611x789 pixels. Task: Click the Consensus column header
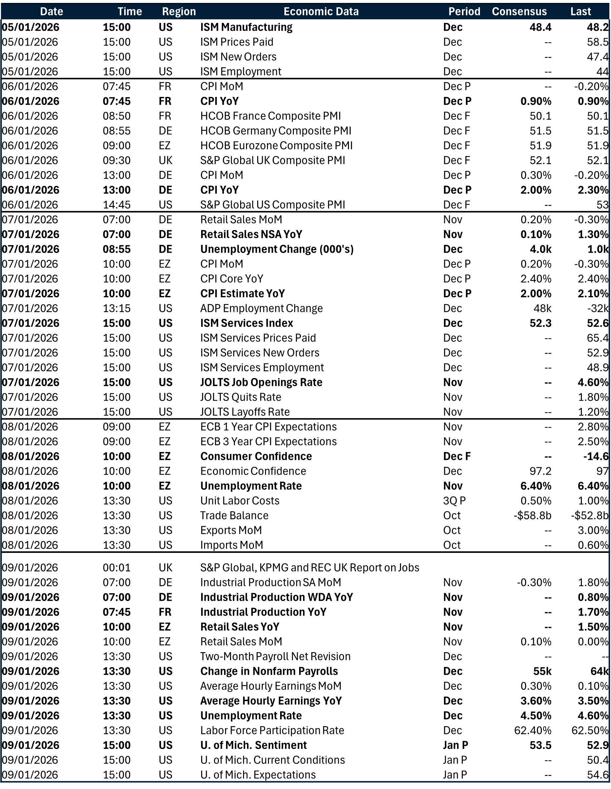[x=519, y=11]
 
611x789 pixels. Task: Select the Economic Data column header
[x=321, y=11]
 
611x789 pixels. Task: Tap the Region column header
[x=179, y=11]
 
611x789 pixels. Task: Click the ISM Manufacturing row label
[x=246, y=27]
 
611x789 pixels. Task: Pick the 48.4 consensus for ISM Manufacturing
[x=540, y=27]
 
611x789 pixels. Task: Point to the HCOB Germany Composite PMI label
[x=276, y=130]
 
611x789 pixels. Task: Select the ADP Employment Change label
[x=261, y=308]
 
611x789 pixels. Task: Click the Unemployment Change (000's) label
[x=277, y=249]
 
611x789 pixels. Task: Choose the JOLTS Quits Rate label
[x=240, y=397]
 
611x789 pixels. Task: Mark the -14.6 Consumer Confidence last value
[x=596, y=456]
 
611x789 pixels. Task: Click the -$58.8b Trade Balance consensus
[x=532, y=516]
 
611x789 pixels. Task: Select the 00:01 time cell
[x=116, y=568]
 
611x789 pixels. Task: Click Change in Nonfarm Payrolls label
[x=269, y=671]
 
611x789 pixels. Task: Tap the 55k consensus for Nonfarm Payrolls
[x=542, y=671]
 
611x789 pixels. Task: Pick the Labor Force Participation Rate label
[x=272, y=730]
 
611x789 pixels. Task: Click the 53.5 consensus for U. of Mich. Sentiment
[x=540, y=745]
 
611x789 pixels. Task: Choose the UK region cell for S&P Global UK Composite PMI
[x=165, y=160]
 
